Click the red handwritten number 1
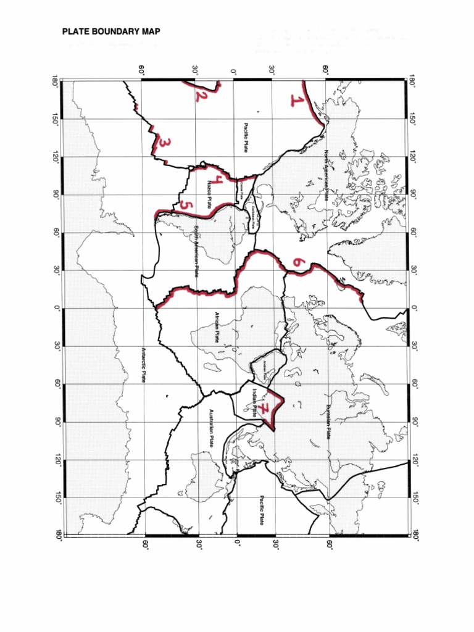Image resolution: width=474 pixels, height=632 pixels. (297, 101)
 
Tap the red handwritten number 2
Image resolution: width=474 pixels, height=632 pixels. (199, 96)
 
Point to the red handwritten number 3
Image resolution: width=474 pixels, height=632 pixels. (164, 144)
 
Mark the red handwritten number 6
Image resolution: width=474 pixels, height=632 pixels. (298, 262)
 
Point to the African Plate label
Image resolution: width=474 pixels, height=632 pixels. (217, 327)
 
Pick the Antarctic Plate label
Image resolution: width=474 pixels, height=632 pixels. (144, 364)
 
